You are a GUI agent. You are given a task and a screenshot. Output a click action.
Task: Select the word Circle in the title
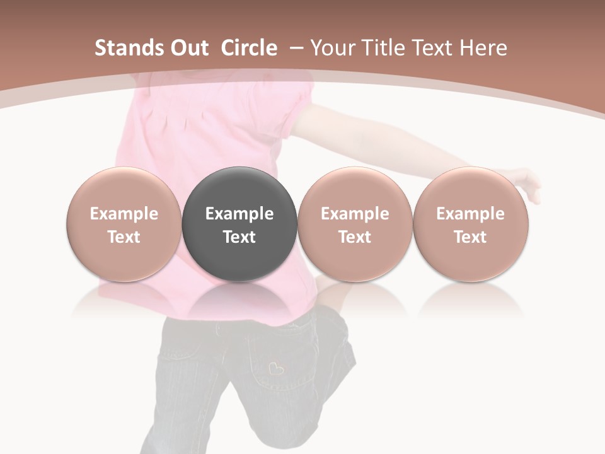(249, 48)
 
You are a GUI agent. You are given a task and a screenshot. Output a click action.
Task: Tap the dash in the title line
(296, 48)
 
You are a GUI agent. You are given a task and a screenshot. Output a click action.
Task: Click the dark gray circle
(239, 224)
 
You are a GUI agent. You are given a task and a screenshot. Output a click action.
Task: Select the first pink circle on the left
(124, 224)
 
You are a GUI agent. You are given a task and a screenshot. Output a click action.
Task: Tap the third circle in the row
(354, 224)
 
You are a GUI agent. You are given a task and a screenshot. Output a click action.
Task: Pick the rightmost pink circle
(470, 224)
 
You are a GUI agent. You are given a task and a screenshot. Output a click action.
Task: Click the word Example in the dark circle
(239, 214)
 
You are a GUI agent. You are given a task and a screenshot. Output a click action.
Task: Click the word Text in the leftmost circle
(124, 237)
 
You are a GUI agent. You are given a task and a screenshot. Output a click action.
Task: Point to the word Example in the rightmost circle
(470, 214)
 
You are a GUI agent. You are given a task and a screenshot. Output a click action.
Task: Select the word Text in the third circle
(354, 237)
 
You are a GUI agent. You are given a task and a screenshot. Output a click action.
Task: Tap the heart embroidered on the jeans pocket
(275, 367)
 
